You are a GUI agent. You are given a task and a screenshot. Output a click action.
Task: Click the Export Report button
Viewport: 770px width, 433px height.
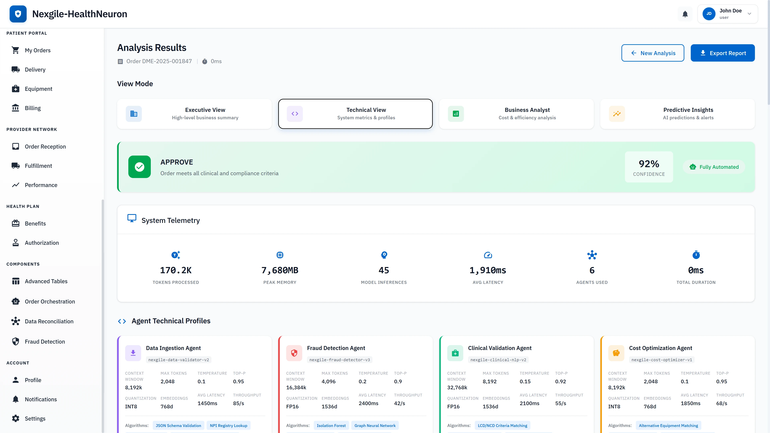(x=722, y=53)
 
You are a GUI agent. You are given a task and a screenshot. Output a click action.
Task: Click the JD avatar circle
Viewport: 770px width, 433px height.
(x=709, y=14)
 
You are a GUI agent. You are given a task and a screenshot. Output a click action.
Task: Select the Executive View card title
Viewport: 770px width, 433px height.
(x=205, y=110)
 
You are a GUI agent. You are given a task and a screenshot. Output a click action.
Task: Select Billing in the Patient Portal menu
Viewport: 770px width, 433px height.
(x=32, y=108)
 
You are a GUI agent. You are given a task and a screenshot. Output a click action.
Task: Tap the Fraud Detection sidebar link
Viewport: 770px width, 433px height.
(x=45, y=342)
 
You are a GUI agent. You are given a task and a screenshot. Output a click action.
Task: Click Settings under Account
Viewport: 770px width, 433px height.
(x=35, y=419)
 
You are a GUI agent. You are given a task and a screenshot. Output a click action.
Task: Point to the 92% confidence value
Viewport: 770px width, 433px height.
(x=649, y=164)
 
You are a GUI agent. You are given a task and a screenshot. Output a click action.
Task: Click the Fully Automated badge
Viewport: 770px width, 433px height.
(x=714, y=167)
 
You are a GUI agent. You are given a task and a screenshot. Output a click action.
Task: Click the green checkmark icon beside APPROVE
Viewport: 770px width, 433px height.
(x=140, y=167)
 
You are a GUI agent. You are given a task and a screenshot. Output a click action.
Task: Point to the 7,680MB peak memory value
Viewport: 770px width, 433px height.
(x=280, y=270)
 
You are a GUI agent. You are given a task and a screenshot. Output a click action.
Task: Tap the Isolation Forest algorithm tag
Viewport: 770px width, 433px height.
(x=331, y=426)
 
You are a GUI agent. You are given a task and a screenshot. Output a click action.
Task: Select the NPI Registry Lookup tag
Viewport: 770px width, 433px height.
(x=228, y=426)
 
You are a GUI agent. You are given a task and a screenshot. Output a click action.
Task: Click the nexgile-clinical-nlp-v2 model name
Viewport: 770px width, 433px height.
(x=498, y=360)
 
